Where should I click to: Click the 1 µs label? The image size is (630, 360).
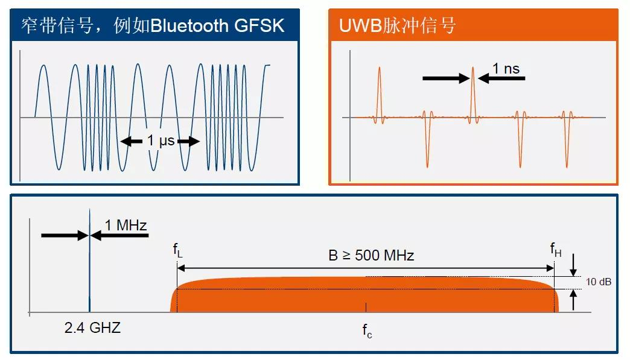tap(160, 141)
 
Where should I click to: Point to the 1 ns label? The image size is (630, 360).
tap(506, 69)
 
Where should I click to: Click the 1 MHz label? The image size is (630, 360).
tap(126, 226)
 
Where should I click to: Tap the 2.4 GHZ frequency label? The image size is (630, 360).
tap(92, 328)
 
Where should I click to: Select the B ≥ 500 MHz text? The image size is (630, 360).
tap(371, 255)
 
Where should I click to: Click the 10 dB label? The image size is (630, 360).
tap(599, 282)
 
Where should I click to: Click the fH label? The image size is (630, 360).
tap(555, 249)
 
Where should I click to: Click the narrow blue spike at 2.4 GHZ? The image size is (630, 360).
tap(90, 259)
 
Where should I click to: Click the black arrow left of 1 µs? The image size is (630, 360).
tap(132, 142)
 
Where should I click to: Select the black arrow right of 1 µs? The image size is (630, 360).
tap(188, 142)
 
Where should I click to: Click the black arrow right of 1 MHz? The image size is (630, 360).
tap(119, 236)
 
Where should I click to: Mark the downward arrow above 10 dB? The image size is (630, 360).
tap(573, 264)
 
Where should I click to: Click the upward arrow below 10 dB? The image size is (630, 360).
tap(573, 299)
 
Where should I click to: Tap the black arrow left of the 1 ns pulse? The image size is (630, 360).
tap(445, 78)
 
